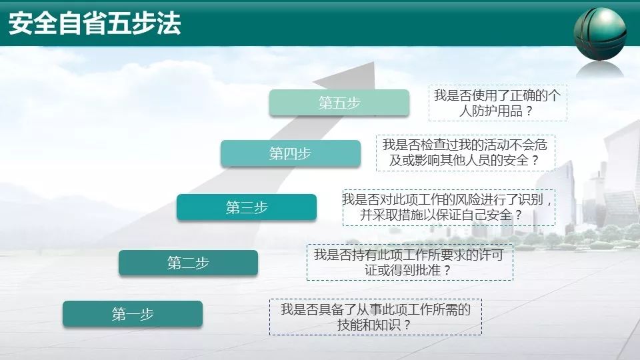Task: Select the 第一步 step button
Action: tap(133, 314)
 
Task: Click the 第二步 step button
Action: tap(188, 263)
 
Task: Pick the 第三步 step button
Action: tap(247, 207)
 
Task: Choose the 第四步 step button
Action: tap(290, 153)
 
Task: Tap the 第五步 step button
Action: tap(339, 103)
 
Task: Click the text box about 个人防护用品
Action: tap(497, 103)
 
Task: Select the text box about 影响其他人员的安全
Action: tap(465, 152)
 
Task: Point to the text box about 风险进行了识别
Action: tap(448, 207)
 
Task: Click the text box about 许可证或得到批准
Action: tap(409, 262)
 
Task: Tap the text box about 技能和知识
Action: tap(375, 317)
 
